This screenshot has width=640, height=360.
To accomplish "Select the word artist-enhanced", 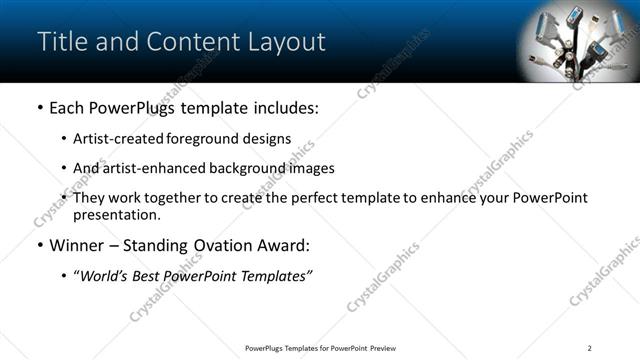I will [x=149, y=168].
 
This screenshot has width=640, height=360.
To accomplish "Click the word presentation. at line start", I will [x=116, y=214].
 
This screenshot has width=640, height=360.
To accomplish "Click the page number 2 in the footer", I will [x=590, y=348].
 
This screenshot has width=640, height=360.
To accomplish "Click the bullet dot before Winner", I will [x=39, y=245].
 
